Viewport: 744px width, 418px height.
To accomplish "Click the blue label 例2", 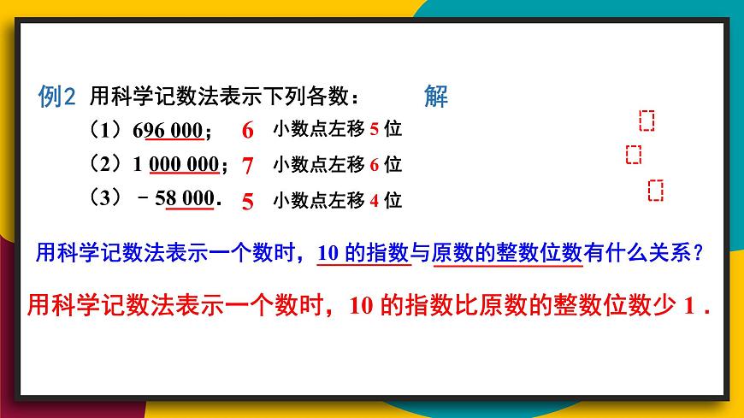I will pyautogui.click(x=57, y=97).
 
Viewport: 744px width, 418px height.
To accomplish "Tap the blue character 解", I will pyautogui.click(x=436, y=96).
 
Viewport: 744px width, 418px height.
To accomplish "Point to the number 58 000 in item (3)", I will pyautogui.click(x=185, y=199).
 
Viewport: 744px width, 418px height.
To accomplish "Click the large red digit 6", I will pyautogui.click(x=248, y=131).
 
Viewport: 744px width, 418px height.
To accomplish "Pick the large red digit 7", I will pyautogui.click(x=248, y=165).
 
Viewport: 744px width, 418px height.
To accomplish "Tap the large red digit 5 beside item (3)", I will pyautogui.click(x=248, y=202).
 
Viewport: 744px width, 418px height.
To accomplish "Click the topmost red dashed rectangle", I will pyautogui.click(x=647, y=121).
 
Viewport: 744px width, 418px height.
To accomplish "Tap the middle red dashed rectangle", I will pyautogui.click(x=634, y=154).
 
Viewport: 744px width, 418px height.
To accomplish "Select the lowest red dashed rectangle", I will pyautogui.click(x=656, y=190).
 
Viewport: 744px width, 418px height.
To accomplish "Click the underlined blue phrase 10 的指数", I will pyautogui.click(x=363, y=253).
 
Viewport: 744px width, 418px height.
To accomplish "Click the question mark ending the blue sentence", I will pyautogui.click(x=700, y=253).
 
